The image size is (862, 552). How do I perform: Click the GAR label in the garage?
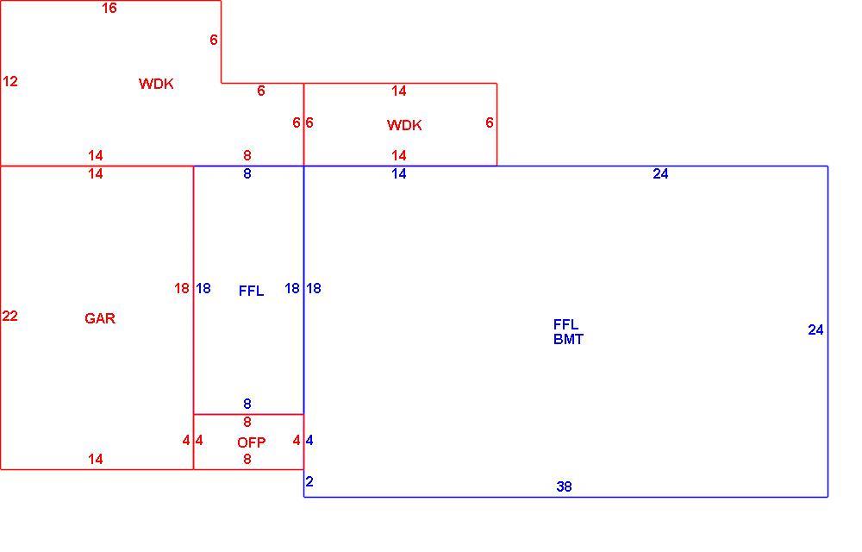click(x=100, y=318)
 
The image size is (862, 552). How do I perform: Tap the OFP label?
click(x=251, y=442)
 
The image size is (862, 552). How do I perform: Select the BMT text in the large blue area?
click(x=568, y=339)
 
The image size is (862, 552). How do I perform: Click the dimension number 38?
click(x=564, y=486)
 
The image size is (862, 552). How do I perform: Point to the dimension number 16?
click(x=109, y=9)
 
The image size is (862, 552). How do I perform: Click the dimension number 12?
click(x=10, y=82)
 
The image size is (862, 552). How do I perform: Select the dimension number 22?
click(x=9, y=317)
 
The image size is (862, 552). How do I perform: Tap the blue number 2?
click(x=309, y=481)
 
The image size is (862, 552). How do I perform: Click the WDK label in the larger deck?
click(x=156, y=84)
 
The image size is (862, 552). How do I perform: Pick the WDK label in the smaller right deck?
click(x=404, y=125)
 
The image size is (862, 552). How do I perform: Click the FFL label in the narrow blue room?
click(x=251, y=291)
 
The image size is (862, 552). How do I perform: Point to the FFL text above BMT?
click(x=565, y=324)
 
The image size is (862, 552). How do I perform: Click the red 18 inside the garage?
click(x=182, y=289)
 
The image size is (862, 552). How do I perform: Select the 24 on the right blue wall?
click(x=815, y=329)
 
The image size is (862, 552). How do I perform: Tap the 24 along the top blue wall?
click(x=661, y=173)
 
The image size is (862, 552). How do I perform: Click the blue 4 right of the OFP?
click(x=309, y=441)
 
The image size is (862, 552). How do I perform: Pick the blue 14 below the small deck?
click(x=399, y=173)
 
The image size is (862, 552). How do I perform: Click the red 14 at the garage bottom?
click(x=96, y=459)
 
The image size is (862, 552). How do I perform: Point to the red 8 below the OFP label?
click(x=247, y=459)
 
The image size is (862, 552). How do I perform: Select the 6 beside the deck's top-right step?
click(x=214, y=41)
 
